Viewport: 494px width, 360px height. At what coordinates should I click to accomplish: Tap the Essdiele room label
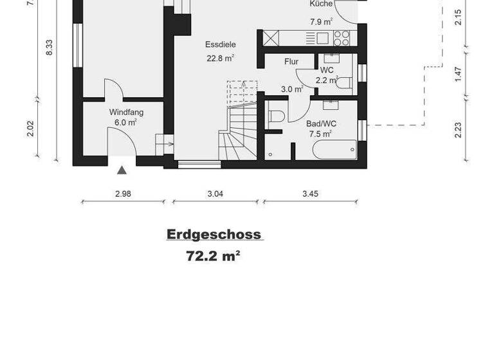pyautogui.click(x=220, y=45)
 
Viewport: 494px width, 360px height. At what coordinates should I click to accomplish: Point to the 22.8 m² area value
pyautogui.click(x=220, y=57)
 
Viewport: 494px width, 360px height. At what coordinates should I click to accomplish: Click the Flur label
pyautogui.click(x=291, y=62)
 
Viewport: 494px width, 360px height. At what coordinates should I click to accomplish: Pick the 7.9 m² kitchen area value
pyautogui.click(x=321, y=21)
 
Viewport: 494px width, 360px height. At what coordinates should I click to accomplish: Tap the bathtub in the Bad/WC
pyautogui.click(x=334, y=150)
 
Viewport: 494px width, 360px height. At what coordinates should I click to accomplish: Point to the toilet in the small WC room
pyautogui.click(x=344, y=83)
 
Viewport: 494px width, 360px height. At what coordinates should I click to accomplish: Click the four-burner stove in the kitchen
pyautogui.click(x=342, y=38)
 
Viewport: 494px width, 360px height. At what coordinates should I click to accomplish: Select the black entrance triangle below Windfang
pyautogui.click(x=122, y=170)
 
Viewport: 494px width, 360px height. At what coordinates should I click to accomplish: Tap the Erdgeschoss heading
pyautogui.click(x=214, y=234)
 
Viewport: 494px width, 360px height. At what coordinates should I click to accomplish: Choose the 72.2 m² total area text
pyautogui.click(x=213, y=256)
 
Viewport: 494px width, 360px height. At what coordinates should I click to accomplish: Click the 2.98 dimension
pyautogui.click(x=122, y=194)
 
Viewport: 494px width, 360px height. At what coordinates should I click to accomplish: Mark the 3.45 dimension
pyautogui.click(x=310, y=194)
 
